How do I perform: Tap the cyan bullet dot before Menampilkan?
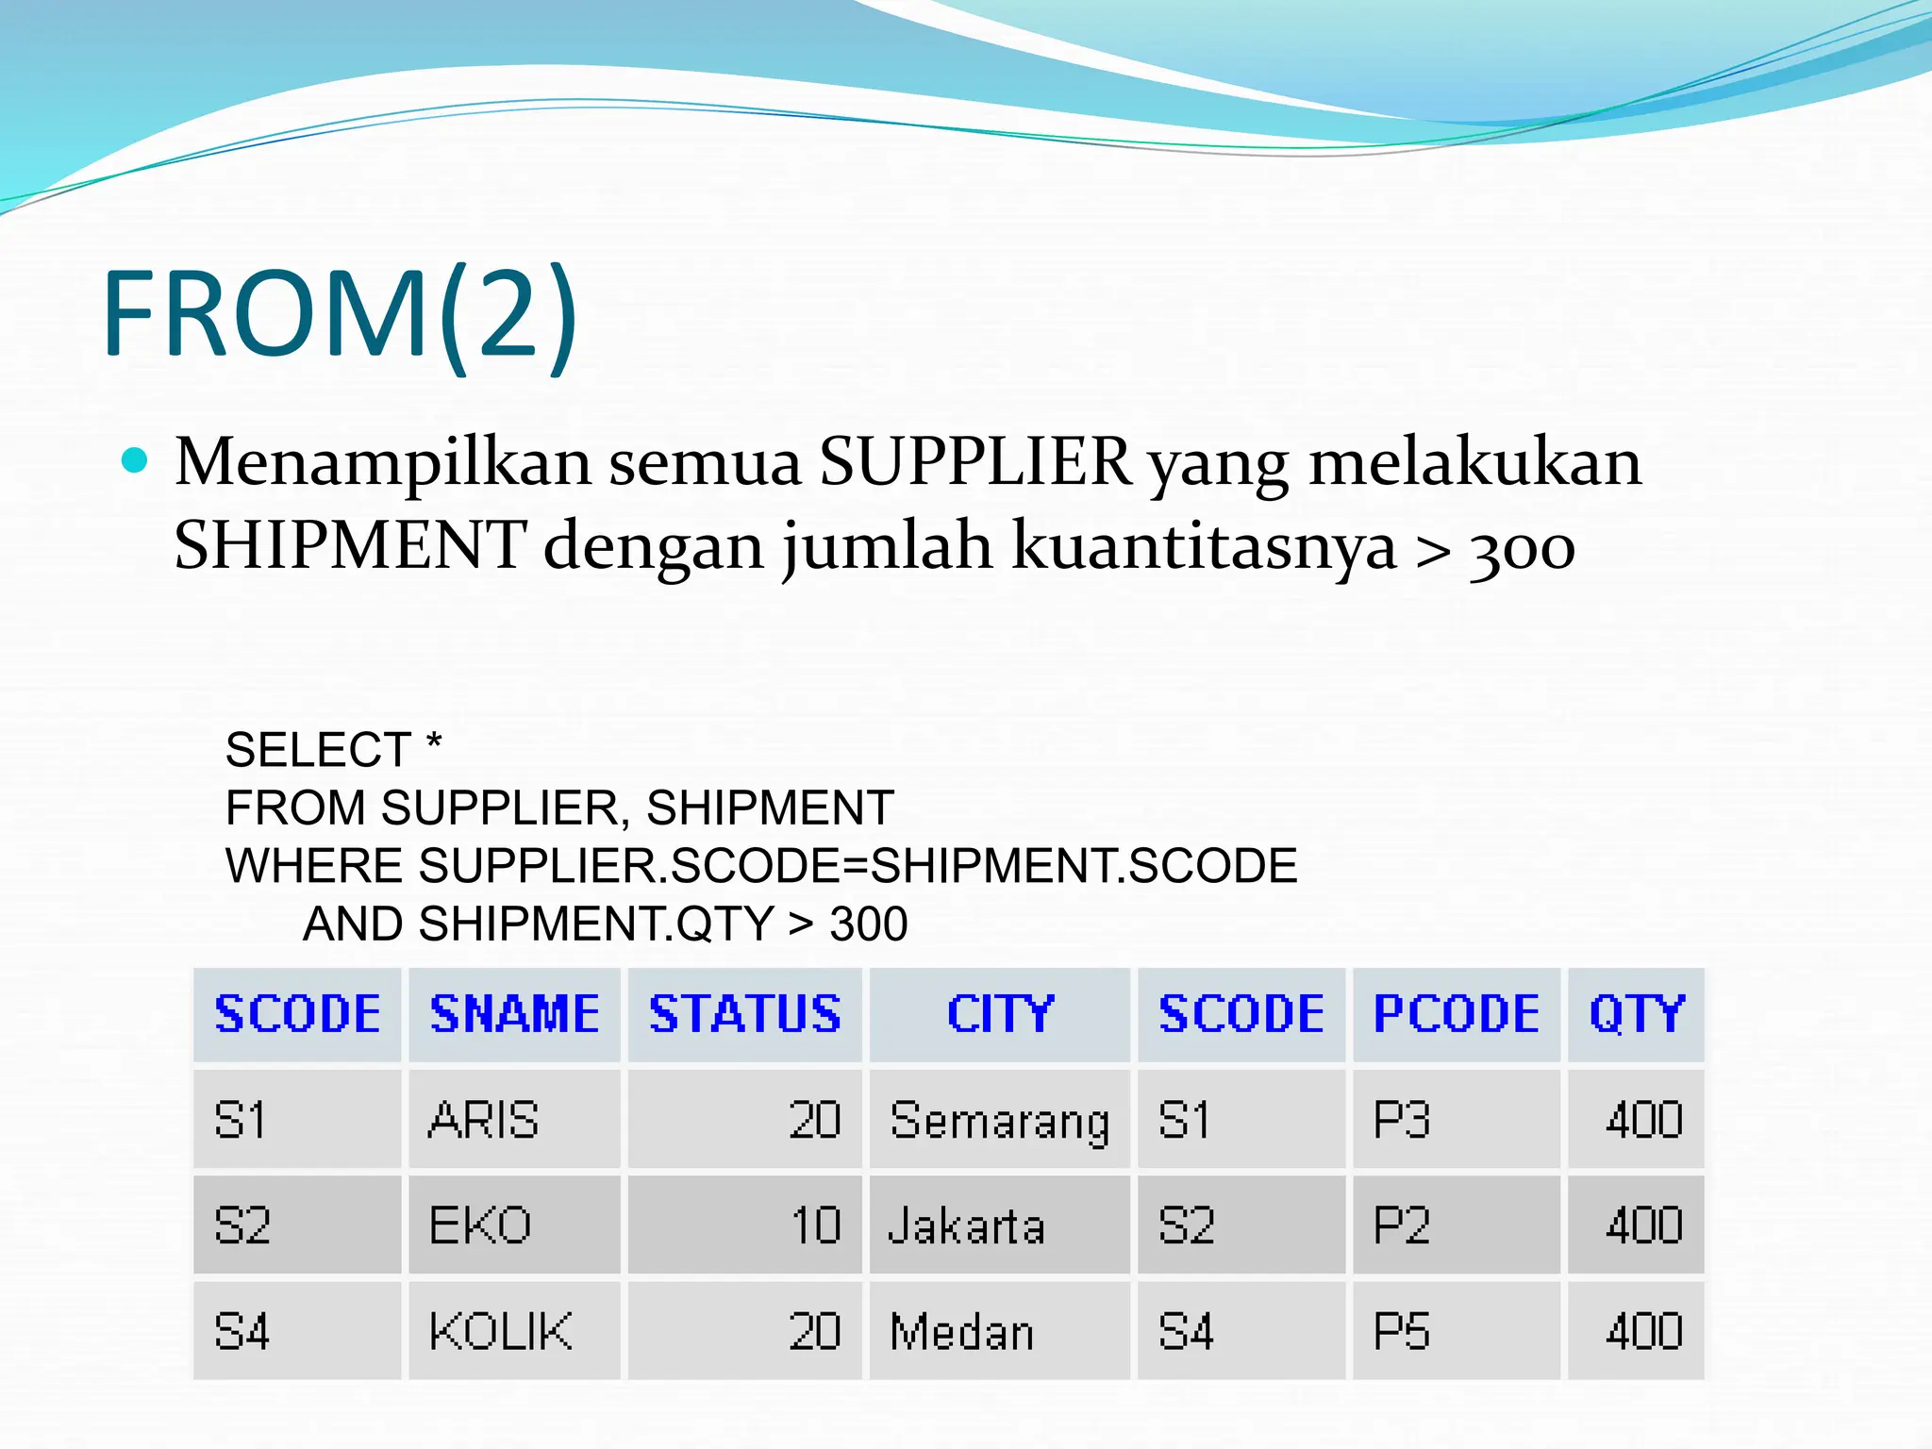pos(136,460)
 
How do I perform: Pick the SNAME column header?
pos(514,1015)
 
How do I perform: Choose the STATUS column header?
pos(744,1015)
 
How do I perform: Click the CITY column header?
pos(999,1015)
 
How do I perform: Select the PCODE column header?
pos(1456,1015)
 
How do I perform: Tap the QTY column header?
pos(1636,1015)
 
